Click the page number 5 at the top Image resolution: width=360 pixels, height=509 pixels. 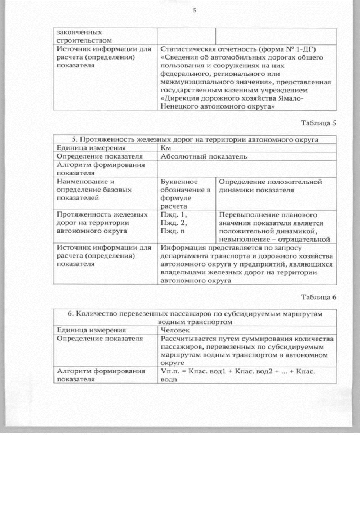pos(193,10)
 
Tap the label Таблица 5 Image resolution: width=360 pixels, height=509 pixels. pos(318,123)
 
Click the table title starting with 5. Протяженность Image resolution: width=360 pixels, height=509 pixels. pos(195,139)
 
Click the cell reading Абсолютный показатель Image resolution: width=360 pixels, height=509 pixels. pos(204,157)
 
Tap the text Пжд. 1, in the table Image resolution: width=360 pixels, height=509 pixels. pos(174,214)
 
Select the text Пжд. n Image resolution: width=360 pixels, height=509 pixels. pos(174,231)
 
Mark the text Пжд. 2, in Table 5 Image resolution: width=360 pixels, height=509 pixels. pos(174,223)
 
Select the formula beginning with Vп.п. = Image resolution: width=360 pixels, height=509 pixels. pos(245,375)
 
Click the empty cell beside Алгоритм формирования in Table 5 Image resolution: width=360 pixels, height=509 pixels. pos(247,169)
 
